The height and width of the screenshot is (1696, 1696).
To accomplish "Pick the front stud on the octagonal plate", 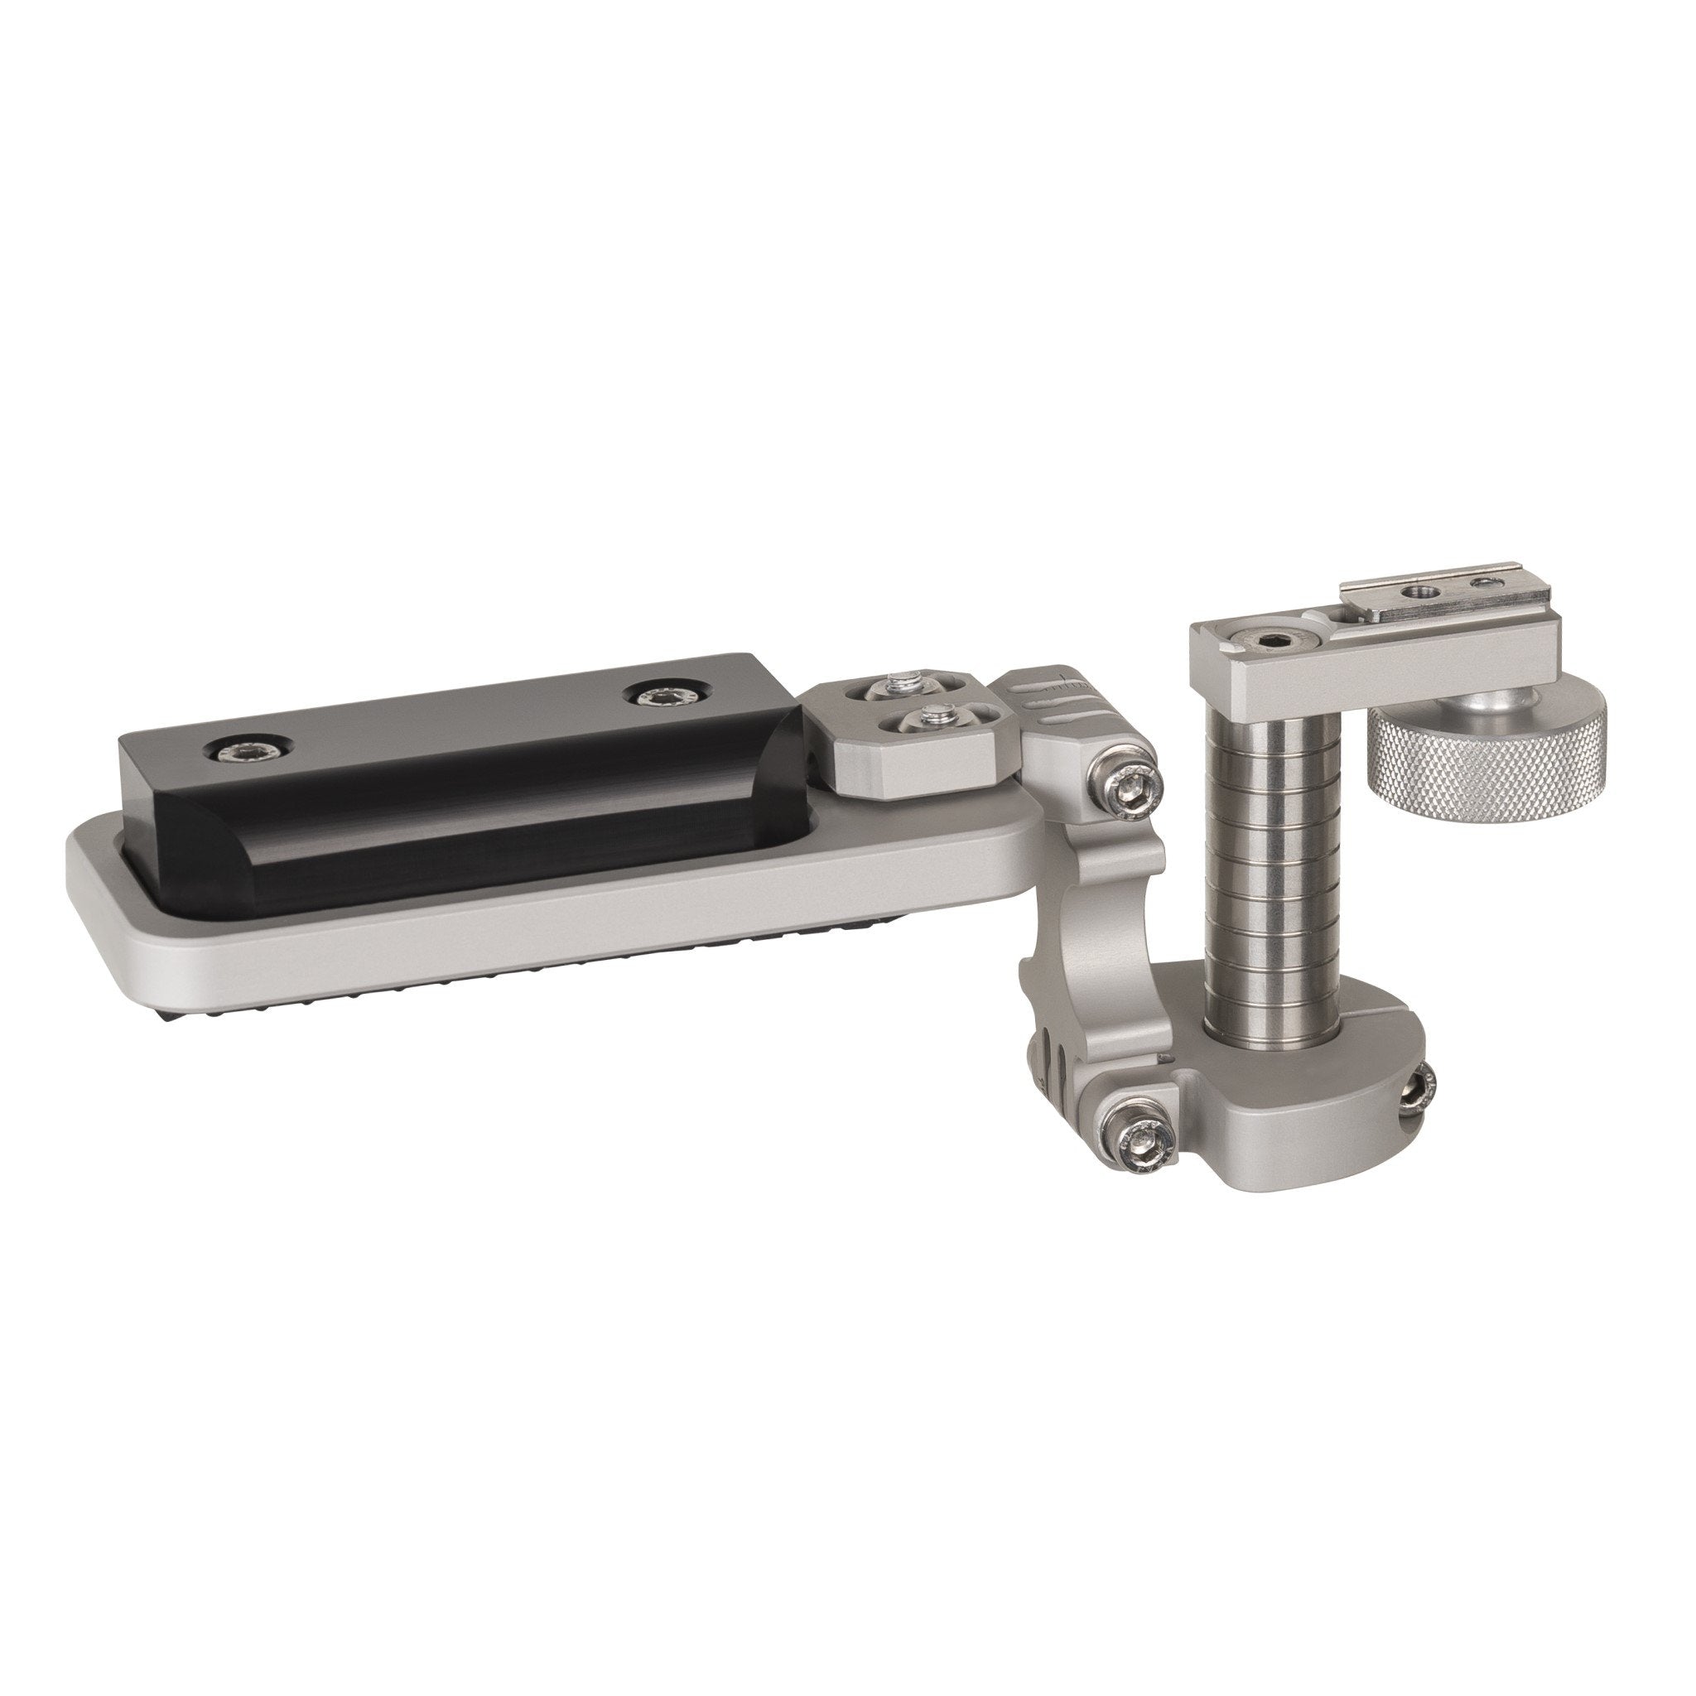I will (x=934, y=720).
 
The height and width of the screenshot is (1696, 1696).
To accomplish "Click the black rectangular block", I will (x=456, y=773).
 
